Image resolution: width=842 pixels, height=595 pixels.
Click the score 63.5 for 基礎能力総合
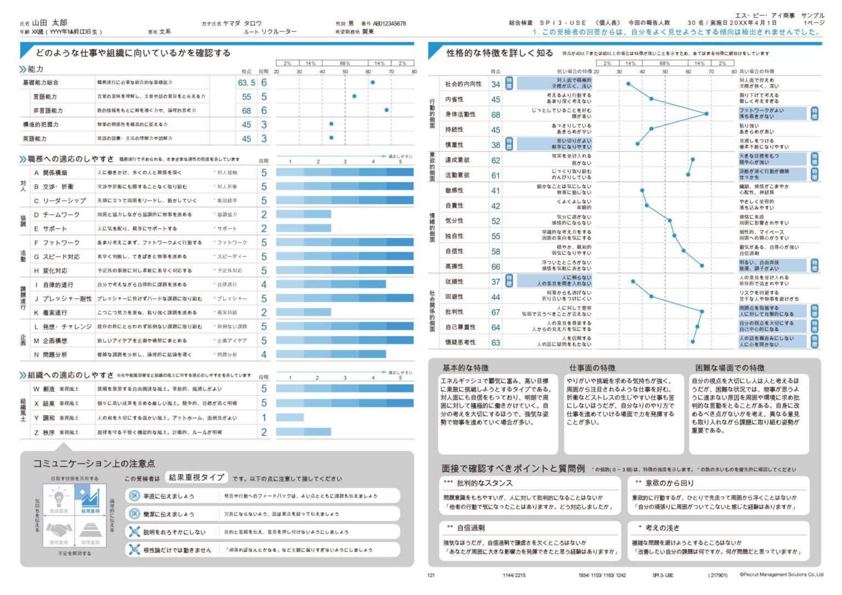pos(246,83)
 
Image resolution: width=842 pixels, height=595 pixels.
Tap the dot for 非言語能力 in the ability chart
pos(386,110)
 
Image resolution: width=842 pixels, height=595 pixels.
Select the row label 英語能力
pos(35,139)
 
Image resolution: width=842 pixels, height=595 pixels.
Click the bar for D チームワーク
pos(303,214)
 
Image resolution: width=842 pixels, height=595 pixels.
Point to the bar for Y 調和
pos(289,417)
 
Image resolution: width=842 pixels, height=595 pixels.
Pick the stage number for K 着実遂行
pos(264,312)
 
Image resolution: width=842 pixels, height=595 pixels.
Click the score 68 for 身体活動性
pos(496,115)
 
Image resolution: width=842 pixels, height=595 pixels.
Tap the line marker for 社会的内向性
pos(628,84)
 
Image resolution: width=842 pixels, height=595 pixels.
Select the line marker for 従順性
pos(633,281)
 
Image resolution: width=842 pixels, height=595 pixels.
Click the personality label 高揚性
pos(454,266)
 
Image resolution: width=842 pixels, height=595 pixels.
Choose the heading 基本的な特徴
pos(465,368)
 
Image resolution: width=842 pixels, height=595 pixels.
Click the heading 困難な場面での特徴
pos(730,368)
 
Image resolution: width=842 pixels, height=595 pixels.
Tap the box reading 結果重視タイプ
pos(196,477)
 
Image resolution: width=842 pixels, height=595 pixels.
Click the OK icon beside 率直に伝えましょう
pos(134,496)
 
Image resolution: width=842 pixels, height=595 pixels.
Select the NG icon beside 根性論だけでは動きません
pos(134,549)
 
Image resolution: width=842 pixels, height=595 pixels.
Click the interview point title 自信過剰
pos(470,528)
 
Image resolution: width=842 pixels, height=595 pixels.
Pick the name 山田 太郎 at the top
pos(49,22)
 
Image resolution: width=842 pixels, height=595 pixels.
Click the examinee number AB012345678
pos(389,24)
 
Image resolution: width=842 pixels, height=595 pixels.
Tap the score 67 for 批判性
pos(496,312)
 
